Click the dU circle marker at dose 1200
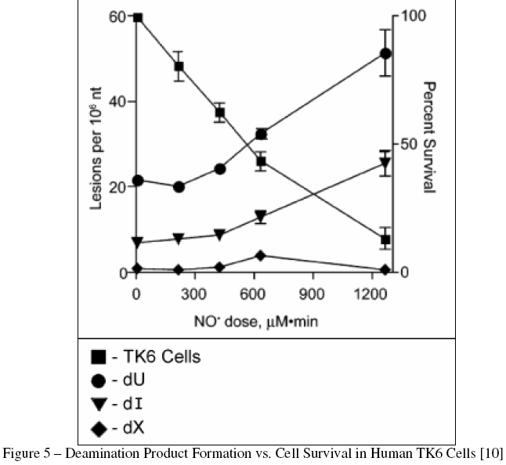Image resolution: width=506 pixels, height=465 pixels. pos(385,53)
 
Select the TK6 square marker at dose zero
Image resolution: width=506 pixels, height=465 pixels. pos(138,17)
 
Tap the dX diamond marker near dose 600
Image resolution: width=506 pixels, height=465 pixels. pos(261,255)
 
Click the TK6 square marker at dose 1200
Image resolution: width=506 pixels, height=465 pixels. pos(385,239)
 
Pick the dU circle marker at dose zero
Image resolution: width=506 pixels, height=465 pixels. pos(138,180)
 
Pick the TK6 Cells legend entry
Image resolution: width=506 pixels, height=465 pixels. pos(152,357)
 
